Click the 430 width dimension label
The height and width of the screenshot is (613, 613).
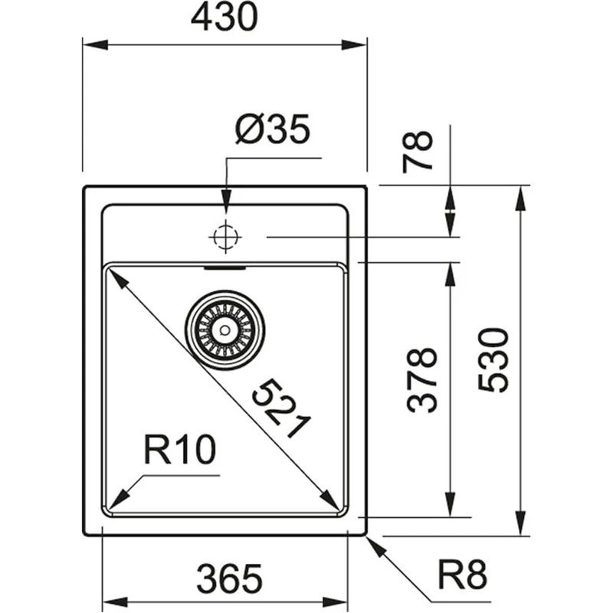pyautogui.click(x=225, y=19)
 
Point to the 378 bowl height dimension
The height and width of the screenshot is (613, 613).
pyautogui.click(x=422, y=380)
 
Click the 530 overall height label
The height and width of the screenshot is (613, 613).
pyautogui.click(x=494, y=360)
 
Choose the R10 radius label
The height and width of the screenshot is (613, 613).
pyautogui.click(x=179, y=451)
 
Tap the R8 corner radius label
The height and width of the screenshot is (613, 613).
pyautogui.click(x=462, y=574)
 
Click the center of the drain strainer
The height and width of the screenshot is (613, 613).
pyautogui.click(x=225, y=329)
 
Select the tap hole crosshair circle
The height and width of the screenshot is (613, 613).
pyautogui.click(x=225, y=237)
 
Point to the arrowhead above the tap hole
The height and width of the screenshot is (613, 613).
pyautogui.click(x=225, y=202)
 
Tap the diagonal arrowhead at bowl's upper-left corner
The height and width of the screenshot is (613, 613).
pyautogui.click(x=116, y=277)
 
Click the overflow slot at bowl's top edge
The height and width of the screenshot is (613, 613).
pyautogui.click(x=225, y=269)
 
